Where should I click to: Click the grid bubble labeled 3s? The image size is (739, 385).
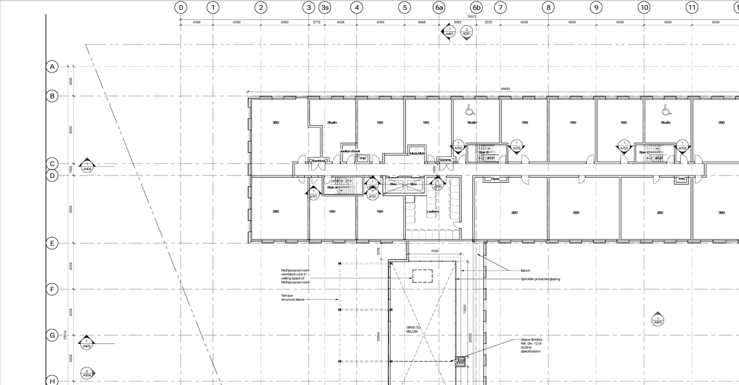[x=325, y=8]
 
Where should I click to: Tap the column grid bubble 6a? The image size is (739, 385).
[x=439, y=8]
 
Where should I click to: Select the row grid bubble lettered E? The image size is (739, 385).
[x=53, y=243]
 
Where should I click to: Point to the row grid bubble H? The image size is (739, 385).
[x=53, y=380]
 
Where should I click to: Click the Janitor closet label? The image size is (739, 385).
[x=349, y=151]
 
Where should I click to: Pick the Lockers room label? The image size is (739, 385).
[x=432, y=212]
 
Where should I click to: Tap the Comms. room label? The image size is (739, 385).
[x=445, y=160]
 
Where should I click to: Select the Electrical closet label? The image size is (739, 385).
[x=319, y=160]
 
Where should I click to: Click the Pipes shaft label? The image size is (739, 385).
[x=495, y=179]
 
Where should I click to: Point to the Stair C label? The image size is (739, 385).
[x=644, y=152]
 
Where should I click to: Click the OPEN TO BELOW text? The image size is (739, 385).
[x=413, y=330]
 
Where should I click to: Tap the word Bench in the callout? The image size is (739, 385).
[x=525, y=270]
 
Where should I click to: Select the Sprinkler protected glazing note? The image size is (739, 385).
[x=540, y=279]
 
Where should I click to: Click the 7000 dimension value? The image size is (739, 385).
[x=435, y=251]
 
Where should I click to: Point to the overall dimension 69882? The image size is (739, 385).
[x=505, y=89]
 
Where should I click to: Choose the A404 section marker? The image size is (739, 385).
[x=87, y=166]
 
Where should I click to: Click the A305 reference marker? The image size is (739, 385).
[x=658, y=319]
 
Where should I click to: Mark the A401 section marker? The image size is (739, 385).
[x=449, y=31]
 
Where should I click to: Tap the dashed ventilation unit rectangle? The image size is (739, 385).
[x=423, y=276]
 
